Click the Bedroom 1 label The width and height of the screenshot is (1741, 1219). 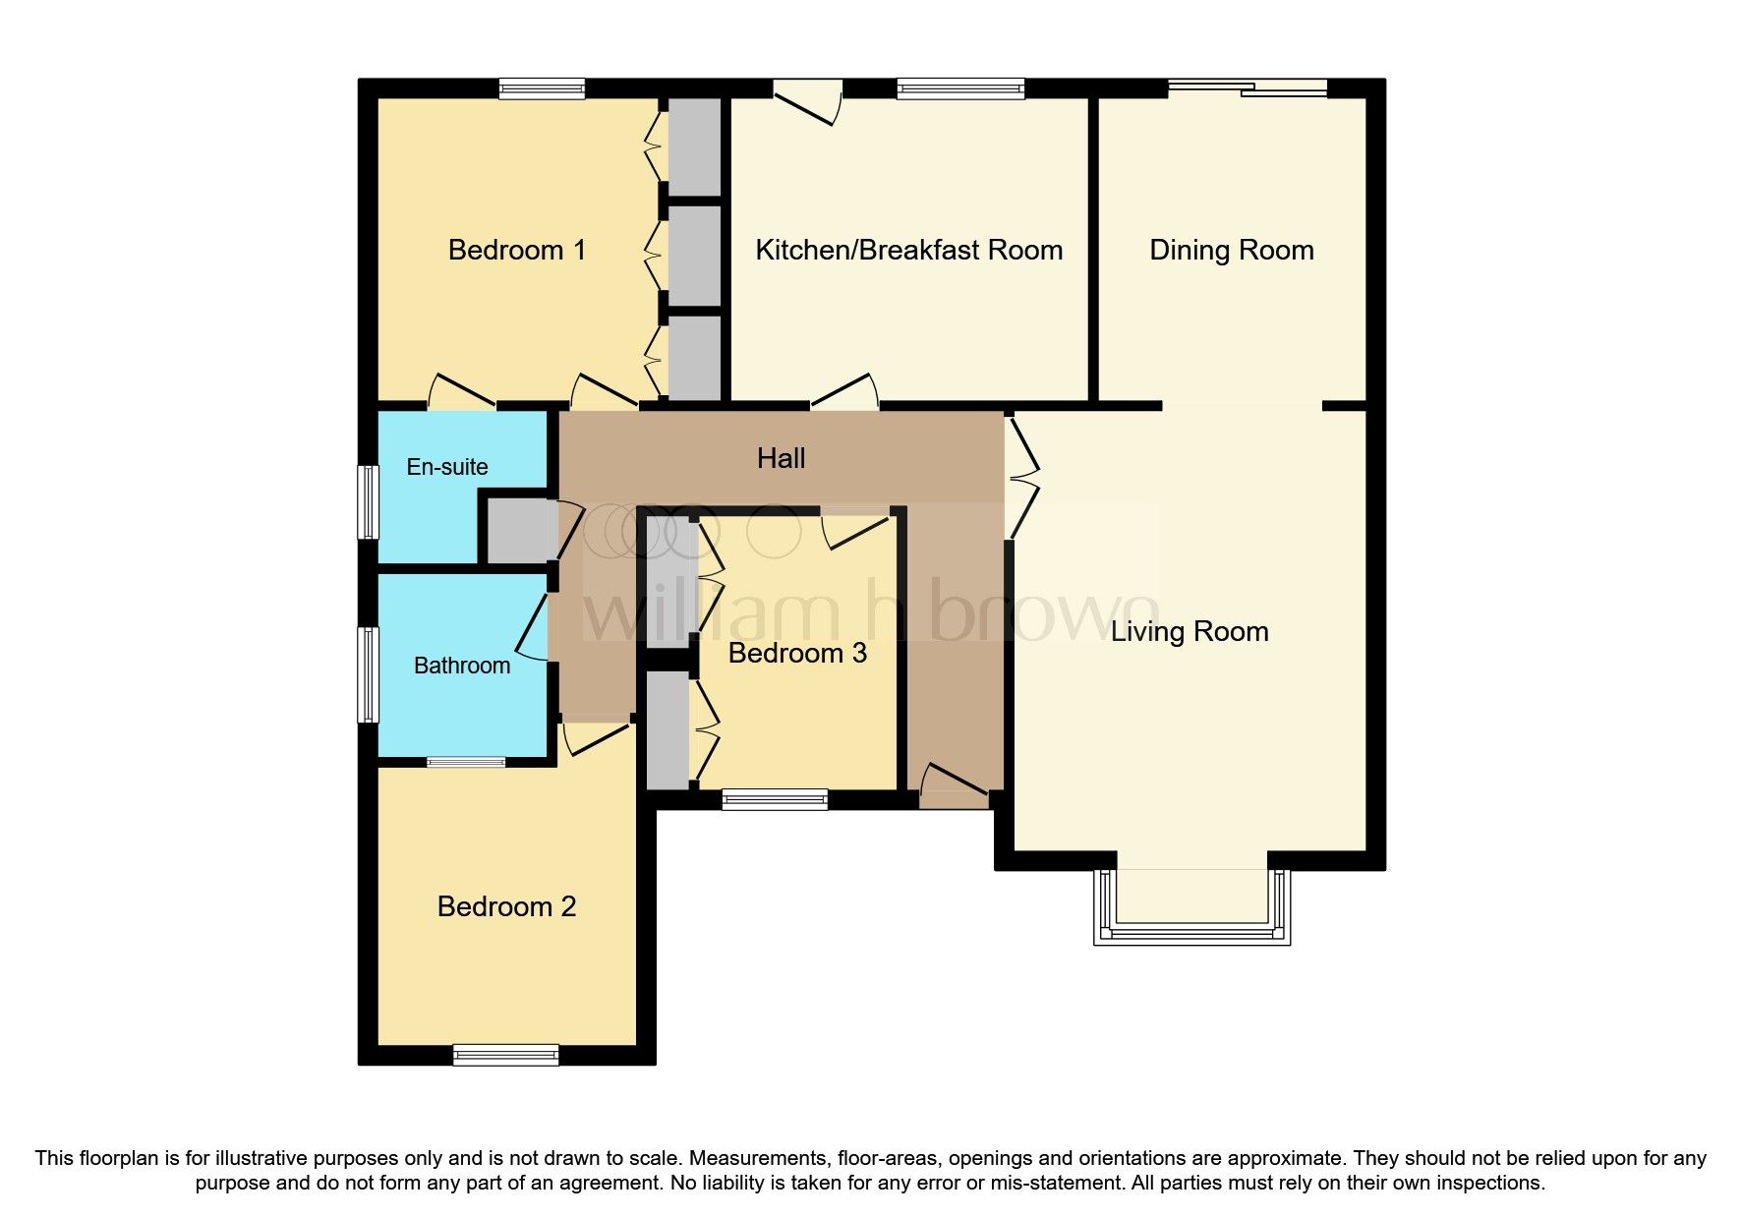[x=517, y=250]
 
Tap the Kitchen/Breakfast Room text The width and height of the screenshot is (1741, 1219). [x=908, y=250]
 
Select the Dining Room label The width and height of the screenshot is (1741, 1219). [x=1231, y=250]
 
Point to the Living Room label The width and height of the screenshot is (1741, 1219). [x=1190, y=631]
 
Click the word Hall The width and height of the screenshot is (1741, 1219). [x=782, y=458]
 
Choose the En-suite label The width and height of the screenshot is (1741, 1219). [x=447, y=467]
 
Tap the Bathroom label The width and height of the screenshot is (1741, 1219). [x=462, y=666]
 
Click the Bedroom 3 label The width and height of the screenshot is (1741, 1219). [x=797, y=653]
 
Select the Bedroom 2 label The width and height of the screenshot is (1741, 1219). [x=506, y=906]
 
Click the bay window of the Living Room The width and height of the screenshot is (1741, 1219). [x=1191, y=909]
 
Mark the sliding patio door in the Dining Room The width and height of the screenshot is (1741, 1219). [x=1248, y=89]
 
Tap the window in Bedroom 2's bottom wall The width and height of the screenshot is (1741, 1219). [x=506, y=1055]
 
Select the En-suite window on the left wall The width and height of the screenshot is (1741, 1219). [x=368, y=501]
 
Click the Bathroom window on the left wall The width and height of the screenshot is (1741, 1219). [x=368, y=674]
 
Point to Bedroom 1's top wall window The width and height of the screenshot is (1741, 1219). [x=542, y=89]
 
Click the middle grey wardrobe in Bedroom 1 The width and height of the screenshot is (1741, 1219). [x=694, y=253]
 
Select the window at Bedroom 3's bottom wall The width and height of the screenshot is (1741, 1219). [x=775, y=799]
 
